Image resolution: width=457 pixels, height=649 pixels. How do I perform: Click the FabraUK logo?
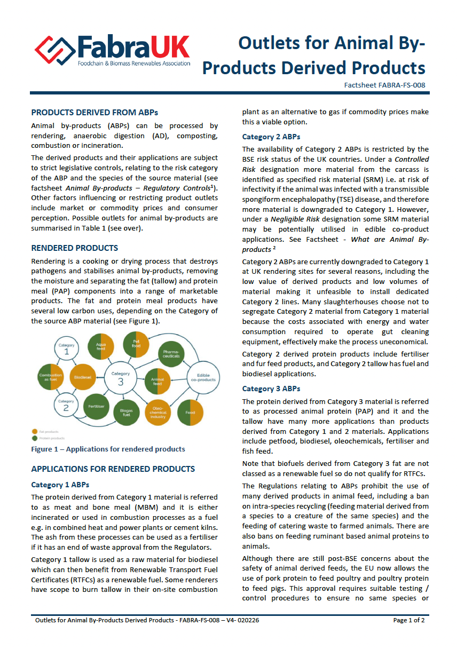click(x=112, y=51)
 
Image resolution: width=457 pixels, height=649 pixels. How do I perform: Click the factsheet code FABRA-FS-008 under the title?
click(x=384, y=85)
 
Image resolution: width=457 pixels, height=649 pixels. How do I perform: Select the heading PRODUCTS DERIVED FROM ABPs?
click(x=94, y=112)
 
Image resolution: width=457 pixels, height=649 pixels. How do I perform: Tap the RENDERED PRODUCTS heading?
click(x=75, y=248)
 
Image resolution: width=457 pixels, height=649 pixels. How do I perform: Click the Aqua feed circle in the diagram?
click(x=100, y=345)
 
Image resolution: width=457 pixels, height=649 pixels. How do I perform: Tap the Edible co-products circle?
click(x=203, y=377)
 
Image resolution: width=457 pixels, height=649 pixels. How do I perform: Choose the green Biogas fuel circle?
click(x=126, y=413)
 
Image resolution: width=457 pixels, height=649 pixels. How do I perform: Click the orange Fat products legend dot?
click(x=34, y=431)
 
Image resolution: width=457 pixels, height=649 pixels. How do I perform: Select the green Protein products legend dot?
click(x=34, y=437)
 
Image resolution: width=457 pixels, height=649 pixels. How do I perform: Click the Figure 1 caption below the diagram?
click(x=108, y=449)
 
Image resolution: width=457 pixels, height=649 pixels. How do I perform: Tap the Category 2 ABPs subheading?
click(x=271, y=137)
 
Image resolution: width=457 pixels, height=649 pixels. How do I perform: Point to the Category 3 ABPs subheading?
click(x=271, y=389)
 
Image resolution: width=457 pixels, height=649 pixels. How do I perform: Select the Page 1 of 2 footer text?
click(x=409, y=620)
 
